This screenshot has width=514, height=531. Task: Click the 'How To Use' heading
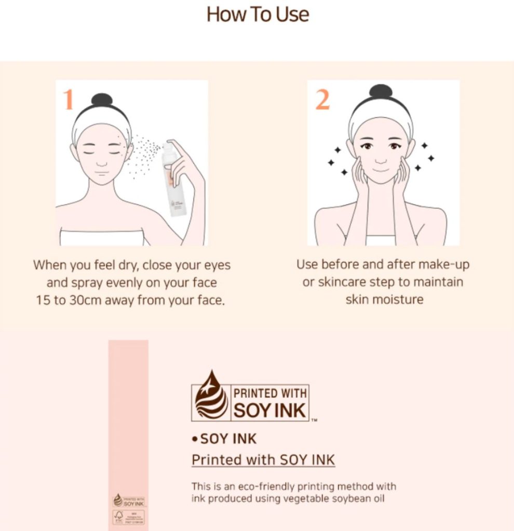coord(258,14)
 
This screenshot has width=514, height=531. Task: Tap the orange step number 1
coord(68,100)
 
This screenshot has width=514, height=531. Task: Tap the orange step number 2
coord(322,100)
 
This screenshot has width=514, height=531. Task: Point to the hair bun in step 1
coord(102,99)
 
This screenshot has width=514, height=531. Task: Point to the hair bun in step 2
coord(381,91)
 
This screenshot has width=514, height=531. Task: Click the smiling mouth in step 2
coord(381,170)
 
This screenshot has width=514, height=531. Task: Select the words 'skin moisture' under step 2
coord(384,300)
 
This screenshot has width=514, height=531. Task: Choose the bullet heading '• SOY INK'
coord(224,439)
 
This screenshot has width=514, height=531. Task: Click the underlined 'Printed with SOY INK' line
coord(263,460)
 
